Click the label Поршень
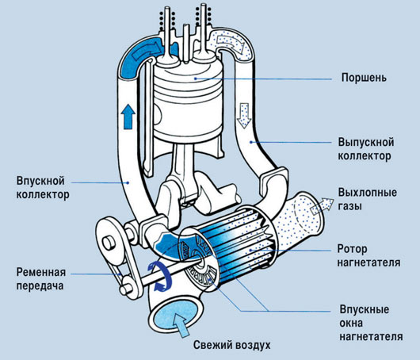click(364, 78)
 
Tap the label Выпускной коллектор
click(366, 149)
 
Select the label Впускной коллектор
click(43, 187)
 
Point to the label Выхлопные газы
click(368, 199)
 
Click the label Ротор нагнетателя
click(368, 255)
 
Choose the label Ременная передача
click(41, 279)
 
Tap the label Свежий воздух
click(232, 345)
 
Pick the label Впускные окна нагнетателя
click(371, 323)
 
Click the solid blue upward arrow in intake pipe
click(128, 117)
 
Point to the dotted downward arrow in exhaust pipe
click(244, 116)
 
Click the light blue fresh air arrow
click(181, 325)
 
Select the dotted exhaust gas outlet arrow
click(322, 205)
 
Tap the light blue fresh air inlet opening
click(174, 316)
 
